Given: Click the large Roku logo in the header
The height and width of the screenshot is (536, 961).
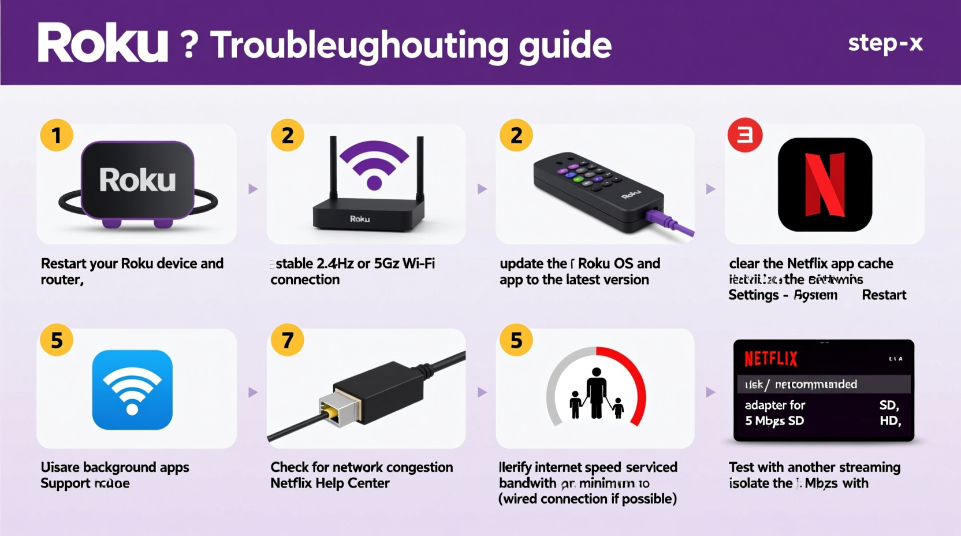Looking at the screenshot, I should (103, 43).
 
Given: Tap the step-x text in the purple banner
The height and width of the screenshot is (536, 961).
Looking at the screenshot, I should (885, 43).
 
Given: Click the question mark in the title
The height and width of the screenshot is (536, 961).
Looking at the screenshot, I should (189, 45).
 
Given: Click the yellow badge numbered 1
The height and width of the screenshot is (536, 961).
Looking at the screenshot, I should (57, 136).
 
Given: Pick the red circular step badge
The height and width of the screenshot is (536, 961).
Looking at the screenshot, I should (745, 136).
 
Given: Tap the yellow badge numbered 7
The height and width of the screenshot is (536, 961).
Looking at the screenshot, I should (288, 340).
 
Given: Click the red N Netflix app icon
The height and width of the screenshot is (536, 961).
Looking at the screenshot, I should (825, 185).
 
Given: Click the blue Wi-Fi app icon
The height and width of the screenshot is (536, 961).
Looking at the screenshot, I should (132, 390).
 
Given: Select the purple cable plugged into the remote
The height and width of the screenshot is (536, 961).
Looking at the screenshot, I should (670, 223).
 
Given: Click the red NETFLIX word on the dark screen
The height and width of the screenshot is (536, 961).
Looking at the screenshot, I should (770, 359).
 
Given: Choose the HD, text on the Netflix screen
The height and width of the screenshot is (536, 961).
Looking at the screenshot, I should (890, 421).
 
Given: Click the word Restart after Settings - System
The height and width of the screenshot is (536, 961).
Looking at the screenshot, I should (884, 295).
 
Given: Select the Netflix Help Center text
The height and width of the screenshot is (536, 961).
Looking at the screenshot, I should (330, 483).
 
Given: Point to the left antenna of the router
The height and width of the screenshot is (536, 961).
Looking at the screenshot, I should (333, 167).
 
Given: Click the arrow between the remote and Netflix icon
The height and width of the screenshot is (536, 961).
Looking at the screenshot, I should (710, 189).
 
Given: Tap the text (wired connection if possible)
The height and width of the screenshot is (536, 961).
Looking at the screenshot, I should (587, 499).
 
